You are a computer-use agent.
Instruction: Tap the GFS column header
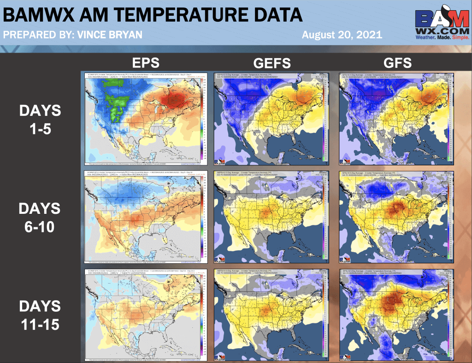(397, 63)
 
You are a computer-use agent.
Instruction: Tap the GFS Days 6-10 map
(397, 216)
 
